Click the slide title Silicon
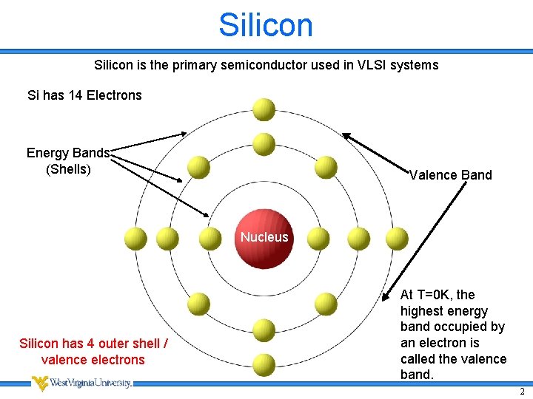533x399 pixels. tap(266, 25)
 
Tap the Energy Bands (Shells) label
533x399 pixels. tap(68, 160)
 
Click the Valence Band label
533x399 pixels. tap(451, 175)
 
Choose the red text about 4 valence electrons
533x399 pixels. tap(93, 352)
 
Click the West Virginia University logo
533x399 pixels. tap(81, 383)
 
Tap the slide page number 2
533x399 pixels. tap(523, 391)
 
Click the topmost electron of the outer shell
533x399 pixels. tap(264, 110)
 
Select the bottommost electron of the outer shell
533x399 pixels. tap(264, 364)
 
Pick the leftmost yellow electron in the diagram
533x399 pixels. tap(135, 238)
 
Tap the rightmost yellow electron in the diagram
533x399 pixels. tap(396, 238)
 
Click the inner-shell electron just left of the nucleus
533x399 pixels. tap(210, 238)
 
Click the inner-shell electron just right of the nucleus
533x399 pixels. tap(318, 238)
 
